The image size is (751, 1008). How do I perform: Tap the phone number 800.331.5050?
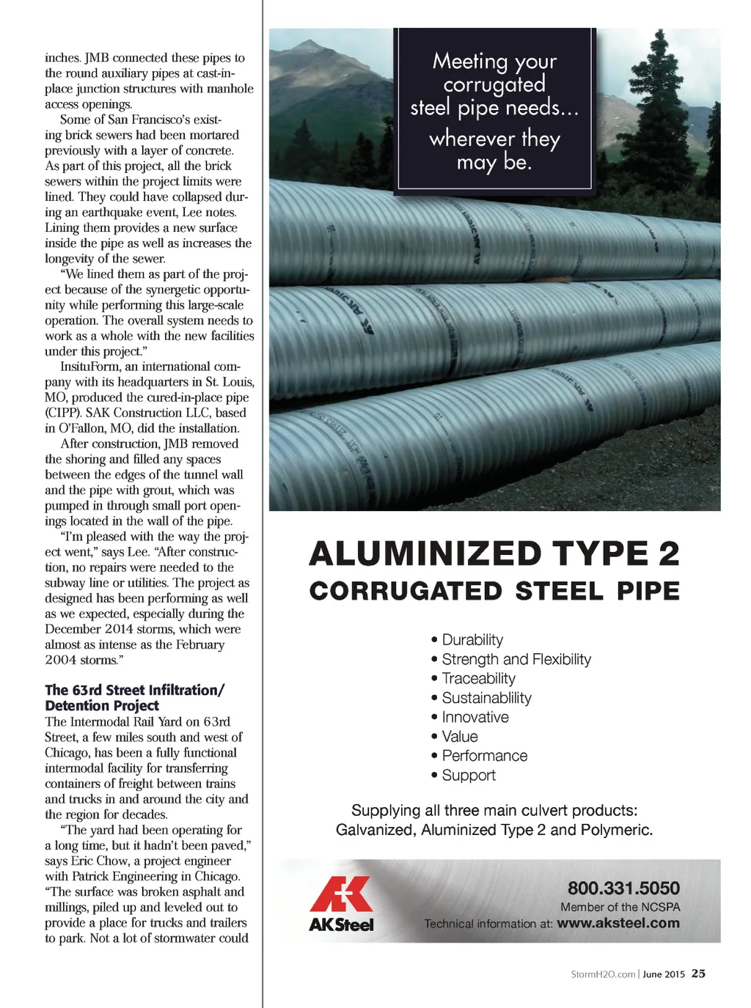pos(623,888)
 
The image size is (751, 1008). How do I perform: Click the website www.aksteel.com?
pos(618,923)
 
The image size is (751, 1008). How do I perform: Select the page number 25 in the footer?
pos(698,974)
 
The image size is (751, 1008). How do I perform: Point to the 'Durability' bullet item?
pos(472,640)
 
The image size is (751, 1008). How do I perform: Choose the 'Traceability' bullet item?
pos(478,679)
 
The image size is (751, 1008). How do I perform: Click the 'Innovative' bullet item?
pos(475,717)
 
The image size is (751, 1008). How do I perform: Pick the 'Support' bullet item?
pos(469,775)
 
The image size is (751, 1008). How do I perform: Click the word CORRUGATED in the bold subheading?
pos(406,592)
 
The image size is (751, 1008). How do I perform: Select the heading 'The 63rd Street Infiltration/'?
pos(134,690)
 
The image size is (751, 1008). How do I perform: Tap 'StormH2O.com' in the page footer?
pos(603,974)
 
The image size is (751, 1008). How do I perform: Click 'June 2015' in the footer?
pos(664,974)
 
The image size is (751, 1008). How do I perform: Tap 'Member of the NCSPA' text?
pos(620,907)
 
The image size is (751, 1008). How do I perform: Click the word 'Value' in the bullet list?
pos(460,737)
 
